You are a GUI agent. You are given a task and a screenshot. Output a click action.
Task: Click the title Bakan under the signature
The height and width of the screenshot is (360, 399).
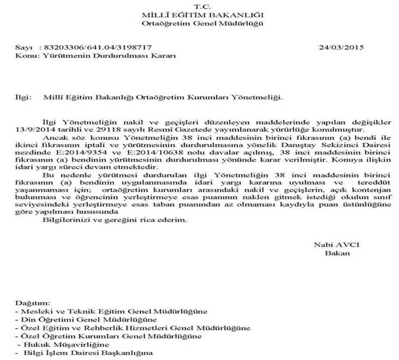(x=333, y=254)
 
